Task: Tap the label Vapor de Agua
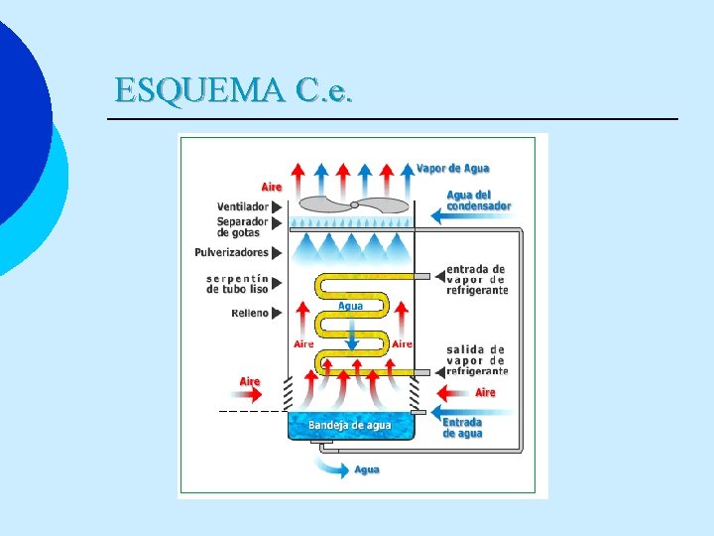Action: point(452,169)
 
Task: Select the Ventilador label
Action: point(243,206)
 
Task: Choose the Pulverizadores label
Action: point(232,252)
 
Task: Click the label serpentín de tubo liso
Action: point(237,283)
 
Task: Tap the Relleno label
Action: point(250,313)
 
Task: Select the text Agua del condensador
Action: point(479,200)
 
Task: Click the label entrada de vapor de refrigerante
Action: point(477,279)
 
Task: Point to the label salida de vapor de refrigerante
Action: point(477,359)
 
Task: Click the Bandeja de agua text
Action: point(350,425)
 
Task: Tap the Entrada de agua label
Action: point(463,428)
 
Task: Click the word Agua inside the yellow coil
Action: point(350,306)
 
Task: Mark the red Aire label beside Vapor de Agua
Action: point(272,187)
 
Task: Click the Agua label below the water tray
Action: point(367,469)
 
